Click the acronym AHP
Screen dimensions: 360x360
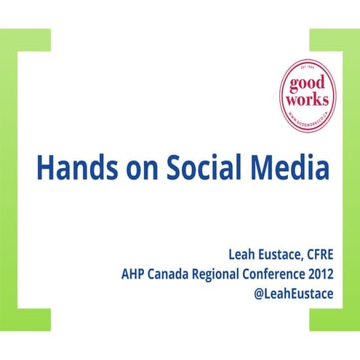[135, 275]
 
